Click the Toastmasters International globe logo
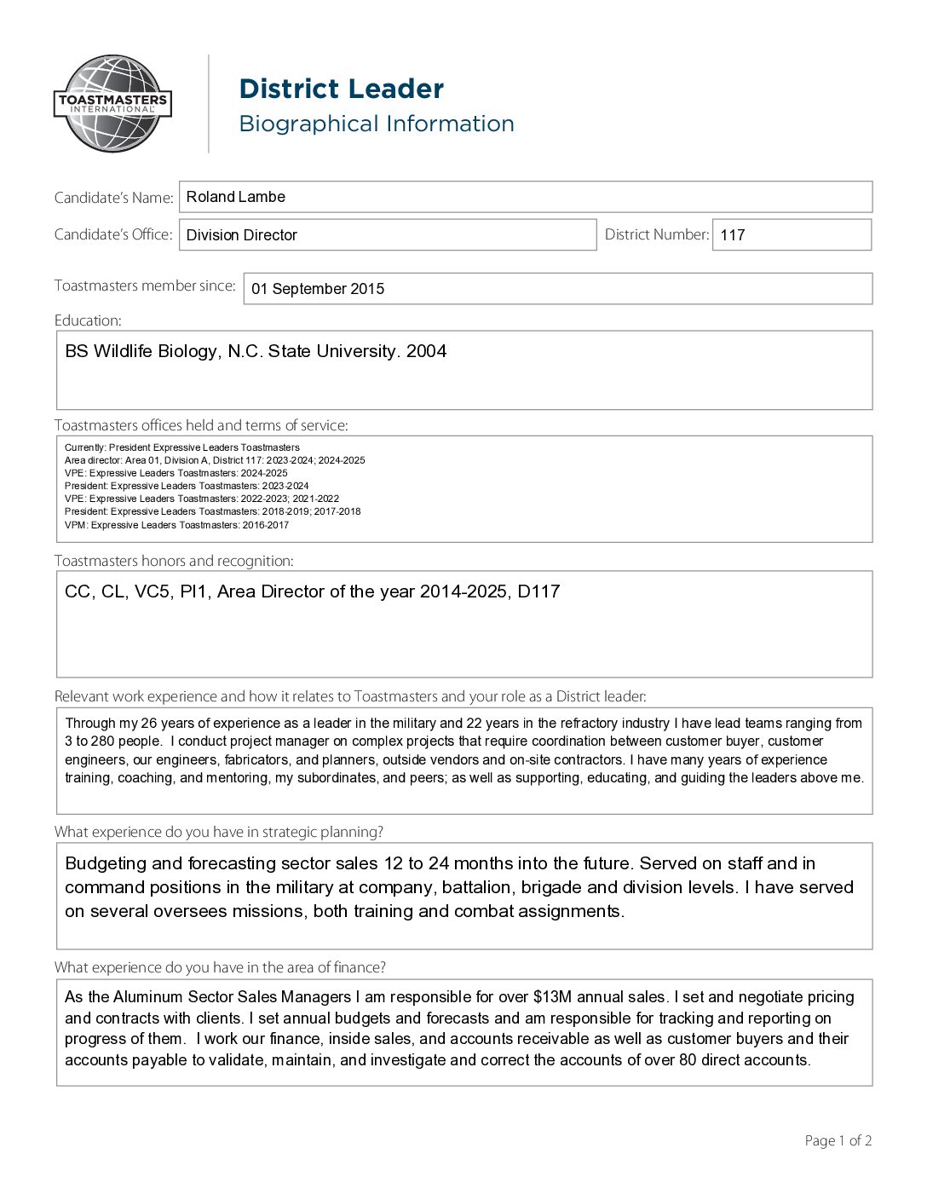click(x=112, y=104)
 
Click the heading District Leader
click(x=341, y=89)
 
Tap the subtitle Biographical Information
click(x=376, y=124)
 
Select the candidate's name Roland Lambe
click(x=236, y=197)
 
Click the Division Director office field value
click(x=242, y=235)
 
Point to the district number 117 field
click(x=733, y=235)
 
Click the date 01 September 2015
click(x=318, y=289)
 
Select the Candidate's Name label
click(x=113, y=198)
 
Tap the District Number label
click(x=656, y=234)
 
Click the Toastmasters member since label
click(x=145, y=286)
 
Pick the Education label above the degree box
click(x=88, y=320)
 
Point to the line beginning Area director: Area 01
click(x=215, y=460)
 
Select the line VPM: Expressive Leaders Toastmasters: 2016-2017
click(x=176, y=525)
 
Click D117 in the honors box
click(x=538, y=591)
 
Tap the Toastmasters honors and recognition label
click(x=174, y=561)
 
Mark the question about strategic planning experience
click(x=219, y=832)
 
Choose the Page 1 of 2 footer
click(x=838, y=1140)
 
